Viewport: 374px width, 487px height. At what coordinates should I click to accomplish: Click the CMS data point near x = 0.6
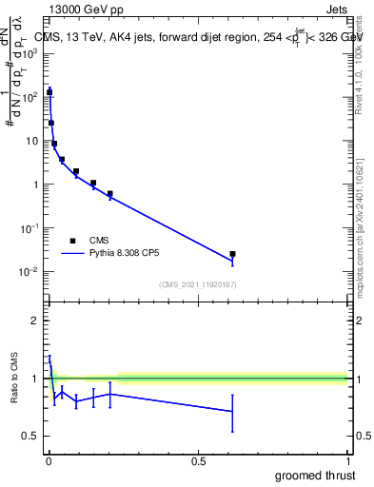[x=232, y=254]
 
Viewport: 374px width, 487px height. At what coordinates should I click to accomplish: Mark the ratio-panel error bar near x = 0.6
[x=232, y=412]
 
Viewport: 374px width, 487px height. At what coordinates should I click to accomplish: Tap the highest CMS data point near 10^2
[x=49, y=92]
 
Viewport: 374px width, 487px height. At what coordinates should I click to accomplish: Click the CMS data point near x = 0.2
[x=110, y=194]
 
